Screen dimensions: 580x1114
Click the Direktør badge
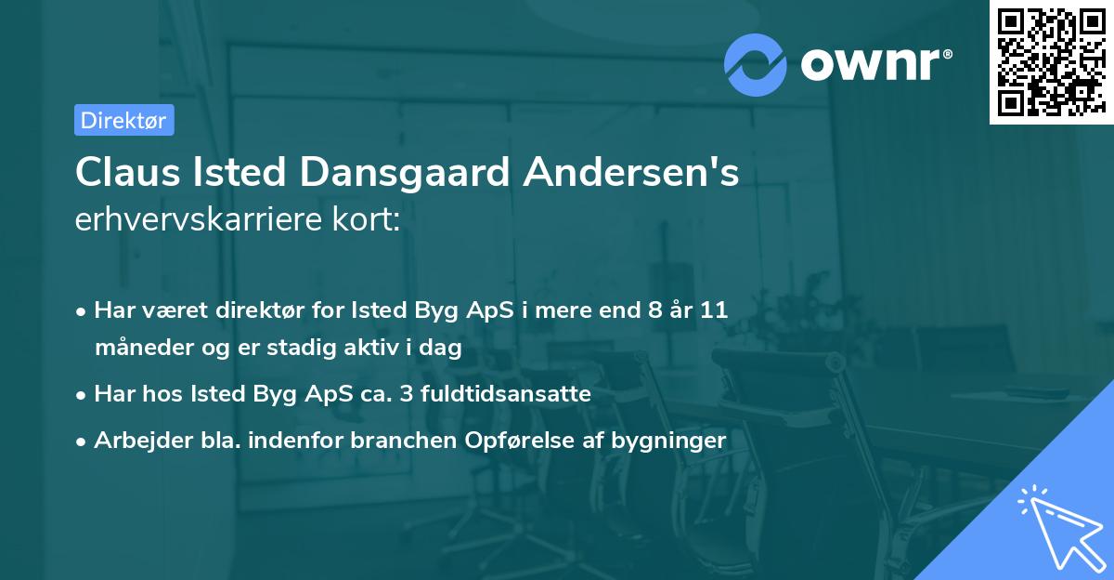click(124, 120)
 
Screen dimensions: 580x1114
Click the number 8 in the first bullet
click(656, 310)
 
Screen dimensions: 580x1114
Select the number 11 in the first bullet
click(715, 310)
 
